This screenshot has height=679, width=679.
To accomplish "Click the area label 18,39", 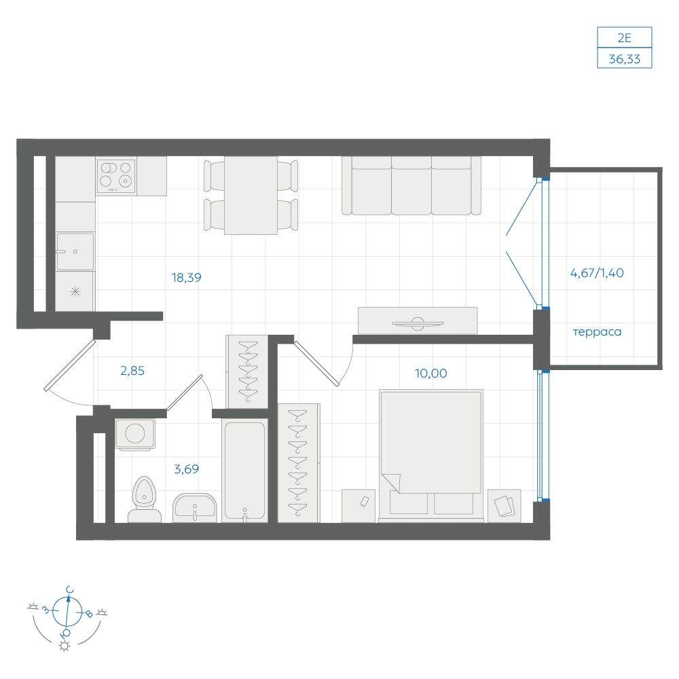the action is [x=186, y=278].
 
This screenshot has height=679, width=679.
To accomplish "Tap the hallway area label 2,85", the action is [x=132, y=371].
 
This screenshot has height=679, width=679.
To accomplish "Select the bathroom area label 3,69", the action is [x=186, y=469].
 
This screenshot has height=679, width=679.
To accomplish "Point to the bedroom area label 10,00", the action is [x=431, y=373].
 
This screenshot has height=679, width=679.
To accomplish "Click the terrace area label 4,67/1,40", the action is [x=597, y=273].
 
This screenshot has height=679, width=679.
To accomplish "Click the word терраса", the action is [x=597, y=332].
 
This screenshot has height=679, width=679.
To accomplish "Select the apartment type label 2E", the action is [x=625, y=38].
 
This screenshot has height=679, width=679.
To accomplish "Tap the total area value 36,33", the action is [x=625, y=59].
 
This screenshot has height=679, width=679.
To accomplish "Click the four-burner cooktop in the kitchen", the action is [x=116, y=177].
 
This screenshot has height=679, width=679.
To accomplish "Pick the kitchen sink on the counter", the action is [x=75, y=251].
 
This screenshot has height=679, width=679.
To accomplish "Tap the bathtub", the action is [x=244, y=471].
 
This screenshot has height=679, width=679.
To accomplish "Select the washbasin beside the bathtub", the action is [x=194, y=507].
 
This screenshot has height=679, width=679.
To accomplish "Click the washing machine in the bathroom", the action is [x=134, y=433].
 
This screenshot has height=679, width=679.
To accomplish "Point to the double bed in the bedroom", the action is [x=431, y=455].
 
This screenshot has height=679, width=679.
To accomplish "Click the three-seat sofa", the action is [x=411, y=185].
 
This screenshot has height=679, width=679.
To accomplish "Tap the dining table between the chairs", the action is [x=251, y=196].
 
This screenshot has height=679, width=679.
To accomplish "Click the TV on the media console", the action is [x=418, y=323].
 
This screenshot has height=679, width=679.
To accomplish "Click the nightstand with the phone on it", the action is [x=359, y=506].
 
